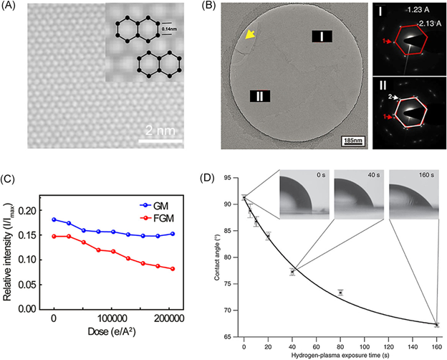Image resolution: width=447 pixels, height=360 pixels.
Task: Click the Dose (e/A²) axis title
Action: (114, 333)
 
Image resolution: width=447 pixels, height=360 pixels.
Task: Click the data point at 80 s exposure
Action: (340, 292)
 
